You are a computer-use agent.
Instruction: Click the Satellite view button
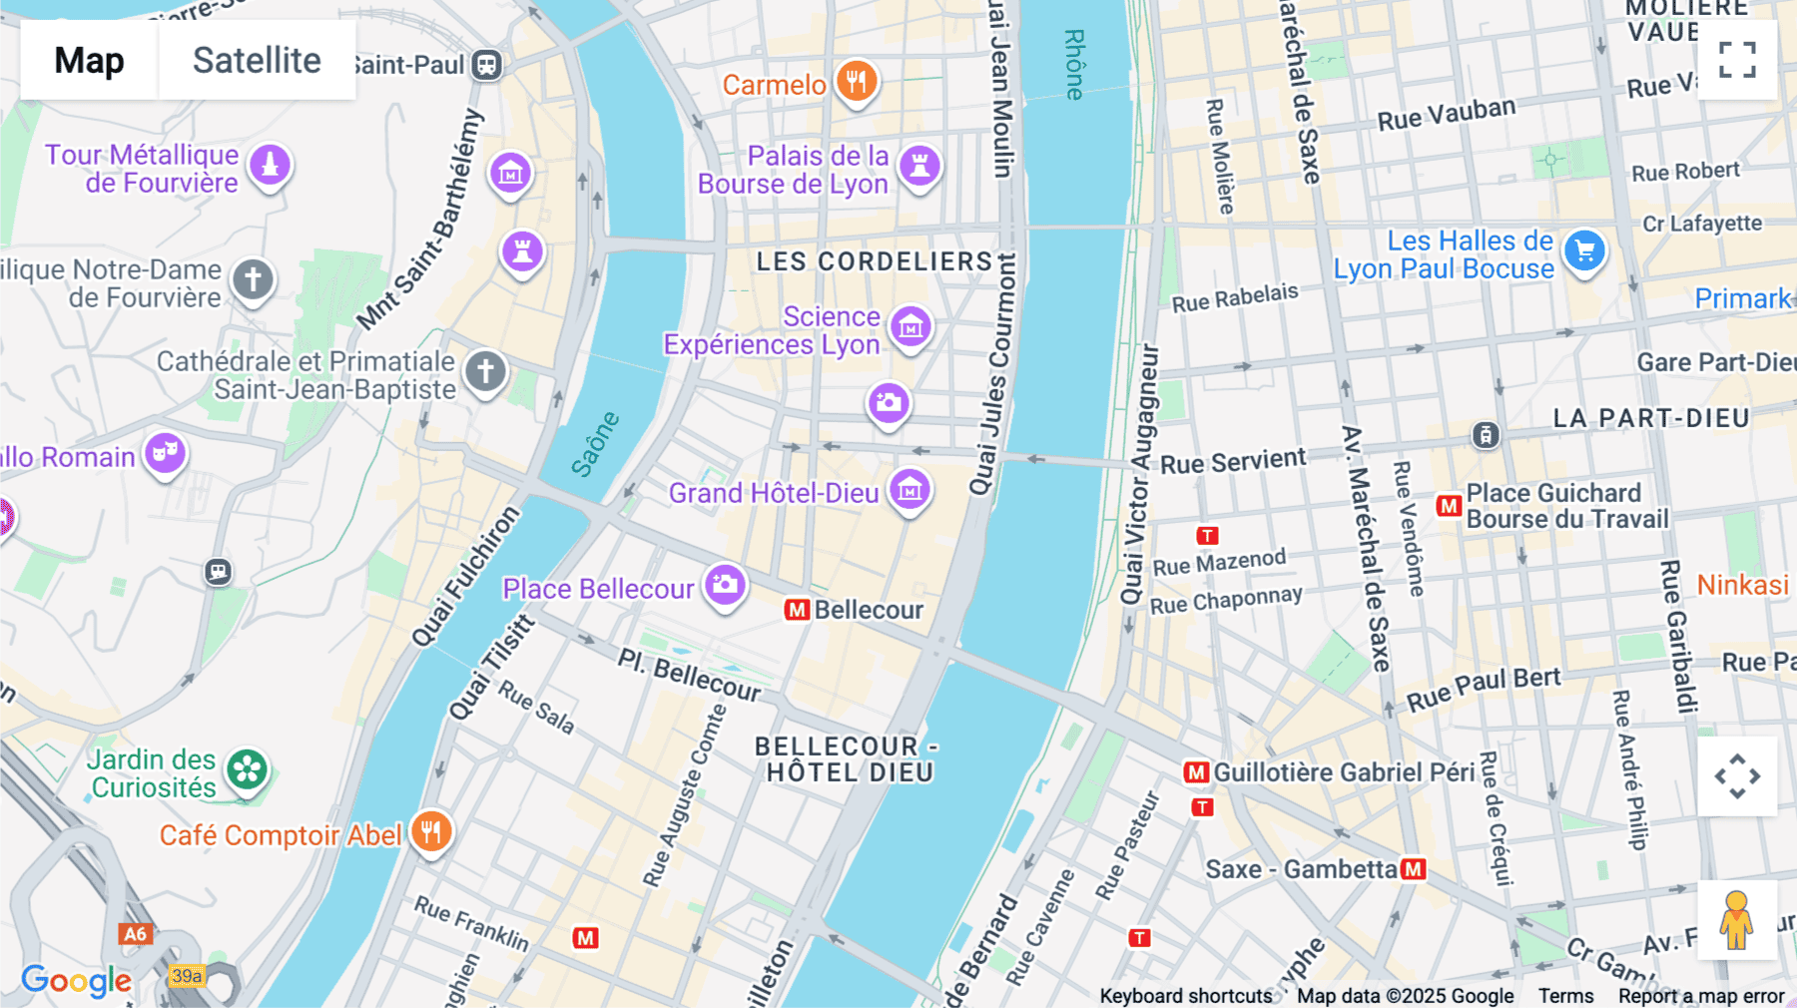pyautogui.click(x=257, y=60)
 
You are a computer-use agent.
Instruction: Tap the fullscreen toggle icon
pyautogui.click(x=1737, y=60)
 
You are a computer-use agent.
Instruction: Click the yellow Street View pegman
pyautogui.click(x=1736, y=919)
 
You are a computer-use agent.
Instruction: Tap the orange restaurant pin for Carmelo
pyautogui.click(x=857, y=82)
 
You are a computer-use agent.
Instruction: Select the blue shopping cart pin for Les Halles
pyautogui.click(x=1584, y=251)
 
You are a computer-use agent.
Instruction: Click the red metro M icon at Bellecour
pyautogui.click(x=797, y=610)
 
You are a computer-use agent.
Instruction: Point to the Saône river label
pyautogui.click(x=596, y=443)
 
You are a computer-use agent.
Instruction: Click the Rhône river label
pyautogui.click(x=1074, y=65)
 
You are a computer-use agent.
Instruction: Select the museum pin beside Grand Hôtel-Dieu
pyautogui.click(x=909, y=490)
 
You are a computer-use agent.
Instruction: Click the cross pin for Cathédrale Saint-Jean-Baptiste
pyautogui.click(x=485, y=372)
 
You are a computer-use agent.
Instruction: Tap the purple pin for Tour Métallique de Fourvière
pyautogui.click(x=270, y=166)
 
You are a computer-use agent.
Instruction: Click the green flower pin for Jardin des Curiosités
pyautogui.click(x=247, y=770)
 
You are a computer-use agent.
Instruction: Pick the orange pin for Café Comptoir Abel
pyautogui.click(x=430, y=831)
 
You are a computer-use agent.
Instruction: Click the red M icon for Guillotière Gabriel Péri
pyautogui.click(x=1196, y=772)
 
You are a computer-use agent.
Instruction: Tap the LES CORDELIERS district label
pyautogui.click(x=875, y=261)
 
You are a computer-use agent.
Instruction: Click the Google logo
pyautogui.click(x=77, y=981)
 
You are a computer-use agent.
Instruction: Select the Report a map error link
pyautogui.click(x=1701, y=996)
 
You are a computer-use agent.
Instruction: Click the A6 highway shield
pyautogui.click(x=135, y=934)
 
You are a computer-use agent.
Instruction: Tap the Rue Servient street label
pyautogui.click(x=1233, y=461)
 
